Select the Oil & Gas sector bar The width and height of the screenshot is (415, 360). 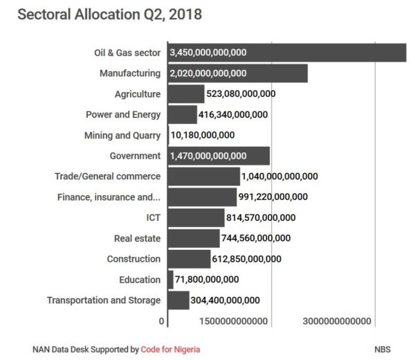[x=286, y=53]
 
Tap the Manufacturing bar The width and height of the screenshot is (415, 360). [x=237, y=73]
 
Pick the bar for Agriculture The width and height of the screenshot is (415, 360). [x=185, y=94]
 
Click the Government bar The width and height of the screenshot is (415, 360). [x=218, y=156]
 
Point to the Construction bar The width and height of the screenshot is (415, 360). [x=189, y=259]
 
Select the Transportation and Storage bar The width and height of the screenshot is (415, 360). [x=178, y=300]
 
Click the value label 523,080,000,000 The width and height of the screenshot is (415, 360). [x=241, y=94]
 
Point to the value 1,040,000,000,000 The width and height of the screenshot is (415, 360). [x=280, y=177]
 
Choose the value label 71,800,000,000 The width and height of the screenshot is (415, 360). [x=207, y=280]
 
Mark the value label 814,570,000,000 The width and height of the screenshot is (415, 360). [x=261, y=217]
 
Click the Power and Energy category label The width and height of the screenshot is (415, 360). [x=123, y=114]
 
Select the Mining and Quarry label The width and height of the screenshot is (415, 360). [x=122, y=135]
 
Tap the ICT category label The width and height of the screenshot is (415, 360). [x=153, y=217]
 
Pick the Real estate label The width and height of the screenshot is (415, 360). [x=137, y=238]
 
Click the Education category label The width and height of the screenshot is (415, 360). [x=140, y=280]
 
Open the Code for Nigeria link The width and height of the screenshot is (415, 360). [x=171, y=349]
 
